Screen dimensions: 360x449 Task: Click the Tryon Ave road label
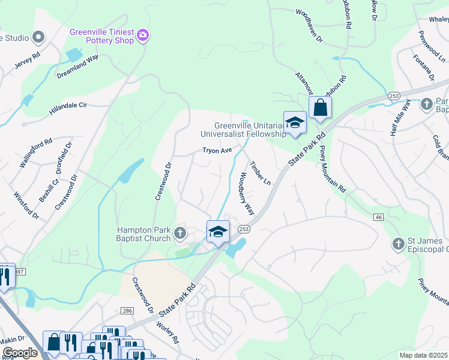click(x=217, y=151)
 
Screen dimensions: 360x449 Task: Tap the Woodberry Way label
click(x=247, y=194)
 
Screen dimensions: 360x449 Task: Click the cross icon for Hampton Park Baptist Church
click(x=179, y=232)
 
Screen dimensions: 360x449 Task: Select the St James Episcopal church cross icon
click(x=398, y=244)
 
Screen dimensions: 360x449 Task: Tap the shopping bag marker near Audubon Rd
click(x=321, y=109)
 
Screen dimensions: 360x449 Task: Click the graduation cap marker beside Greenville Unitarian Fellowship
click(x=295, y=123)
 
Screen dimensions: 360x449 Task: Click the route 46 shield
click(x=378, y=217)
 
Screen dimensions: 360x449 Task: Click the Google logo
click(x=20, y=353)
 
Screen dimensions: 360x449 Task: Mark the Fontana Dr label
click(x=423, y=67)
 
